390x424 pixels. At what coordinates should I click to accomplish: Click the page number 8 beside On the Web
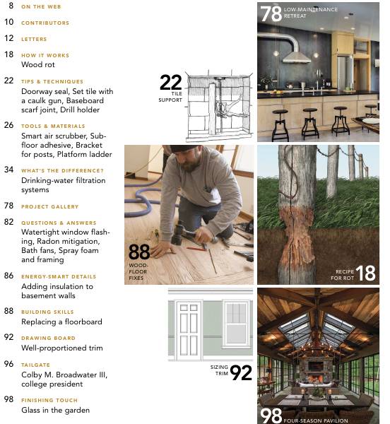pos(11,5)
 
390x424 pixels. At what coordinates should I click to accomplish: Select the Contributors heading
pos(45,23)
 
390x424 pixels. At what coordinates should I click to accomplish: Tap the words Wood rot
pos(40,64)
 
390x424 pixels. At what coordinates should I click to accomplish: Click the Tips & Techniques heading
pos(52,81)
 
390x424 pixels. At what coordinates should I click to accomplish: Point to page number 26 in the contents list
pos(8,125)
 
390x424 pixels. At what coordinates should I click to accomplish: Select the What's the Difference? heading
pos(62,170)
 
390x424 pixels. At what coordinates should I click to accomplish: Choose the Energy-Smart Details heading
pos(59,276)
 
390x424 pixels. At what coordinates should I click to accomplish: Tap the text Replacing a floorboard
pos(61,322)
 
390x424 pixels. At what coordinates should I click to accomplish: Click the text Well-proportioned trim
pos(61,348)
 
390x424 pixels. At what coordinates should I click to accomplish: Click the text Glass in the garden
pos(55,410)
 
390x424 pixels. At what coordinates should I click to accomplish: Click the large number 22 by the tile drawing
pos(170,83)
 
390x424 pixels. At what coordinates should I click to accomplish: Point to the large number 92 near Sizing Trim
pos(240,372)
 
